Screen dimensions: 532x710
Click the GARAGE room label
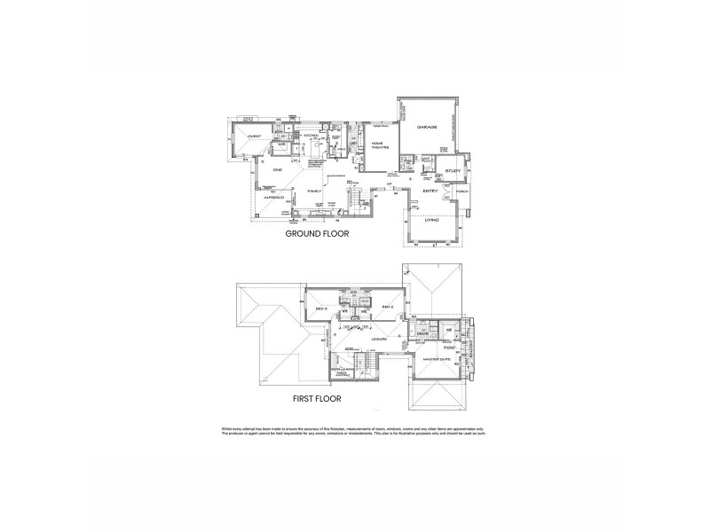click(x=428, y=128)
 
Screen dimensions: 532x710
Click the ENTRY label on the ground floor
click(x=431, y=192)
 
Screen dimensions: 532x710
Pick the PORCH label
click(x=461, y=192)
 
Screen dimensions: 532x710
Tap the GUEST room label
click(x=254, y=137)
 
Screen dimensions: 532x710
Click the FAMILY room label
click(x=313, y=191)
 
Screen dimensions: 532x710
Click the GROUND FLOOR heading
click(x=317, y=236)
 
